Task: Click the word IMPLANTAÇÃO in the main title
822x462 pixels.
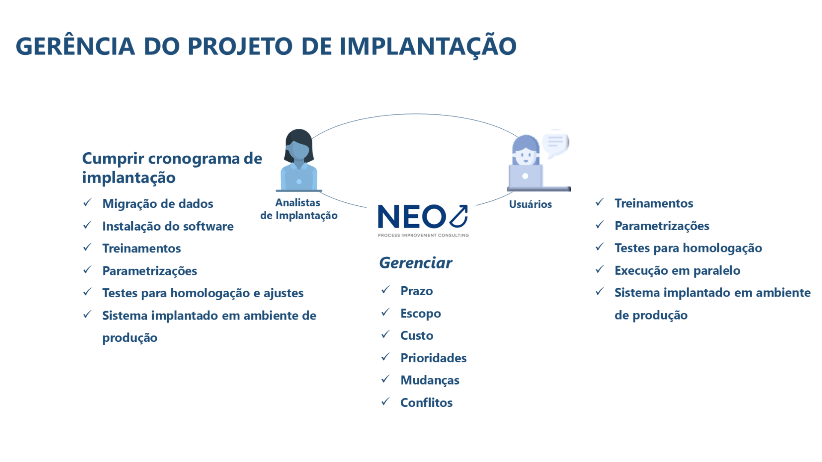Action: coord(428,46)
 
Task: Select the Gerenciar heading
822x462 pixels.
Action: coord(415,263)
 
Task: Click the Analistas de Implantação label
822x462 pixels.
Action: coord(299,209)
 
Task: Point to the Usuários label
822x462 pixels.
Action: coord(530,204)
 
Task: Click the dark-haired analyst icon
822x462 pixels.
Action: coord(299,160)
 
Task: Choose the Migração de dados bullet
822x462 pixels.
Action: coord(158,204)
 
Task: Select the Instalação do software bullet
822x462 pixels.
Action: coord(168,226)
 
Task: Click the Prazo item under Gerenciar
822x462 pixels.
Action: coord(417,291)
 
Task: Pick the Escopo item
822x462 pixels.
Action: coord(420,314)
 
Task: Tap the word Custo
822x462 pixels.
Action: coord(417,335)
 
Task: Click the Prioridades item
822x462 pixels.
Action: coord(433,358)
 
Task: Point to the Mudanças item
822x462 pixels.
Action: coord(430,380)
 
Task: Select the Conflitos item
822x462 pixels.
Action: coord(426,403)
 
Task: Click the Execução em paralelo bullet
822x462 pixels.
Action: coord(677,270)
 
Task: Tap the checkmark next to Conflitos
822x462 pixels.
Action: coord(386,401)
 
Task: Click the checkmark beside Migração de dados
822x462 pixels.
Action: coord(87,202)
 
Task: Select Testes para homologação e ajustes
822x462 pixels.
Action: coord(203,293)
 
